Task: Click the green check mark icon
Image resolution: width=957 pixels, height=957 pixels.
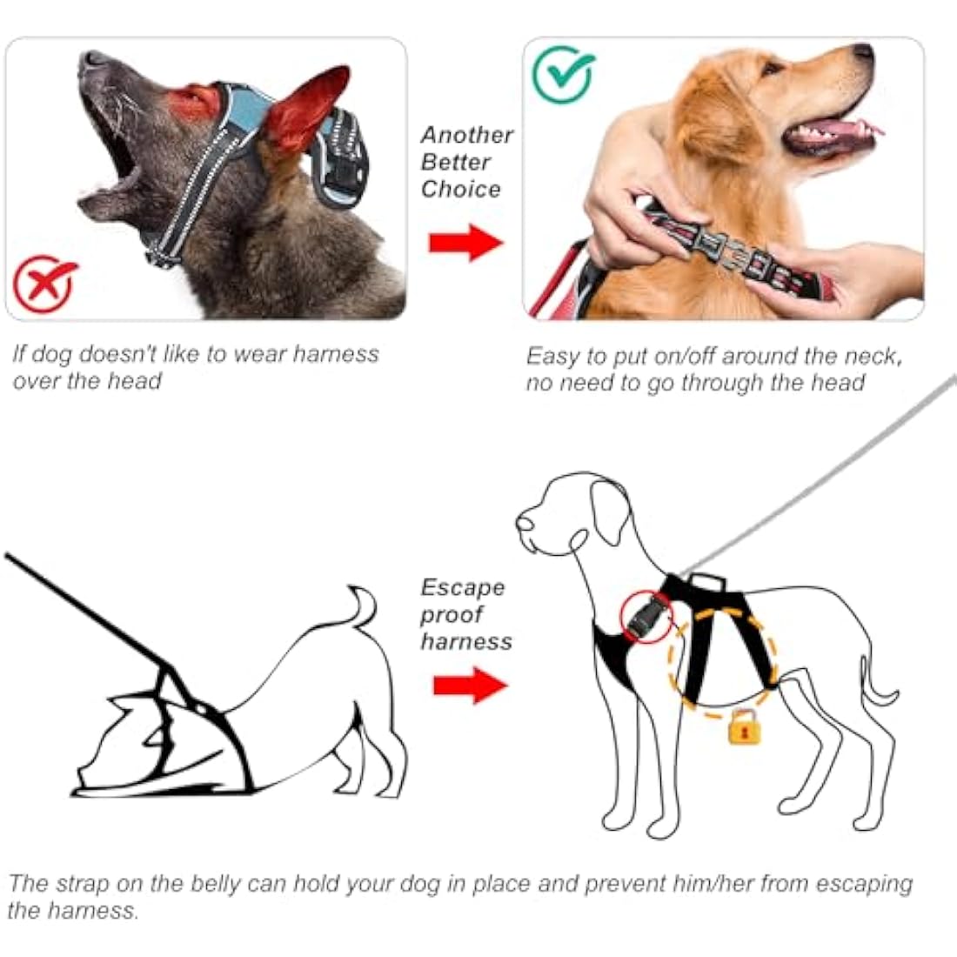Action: (x=564, y=76)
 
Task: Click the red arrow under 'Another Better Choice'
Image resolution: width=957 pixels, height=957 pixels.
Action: (x=466, y=242)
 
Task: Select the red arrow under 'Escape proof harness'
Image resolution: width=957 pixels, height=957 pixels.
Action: (x=470, y=685)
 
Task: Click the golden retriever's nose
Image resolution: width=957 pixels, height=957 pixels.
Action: (x=863, y=54)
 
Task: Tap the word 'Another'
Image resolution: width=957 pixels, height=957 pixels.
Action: (x=467, y=135)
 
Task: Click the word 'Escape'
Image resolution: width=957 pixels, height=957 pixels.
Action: (x=463, y=587)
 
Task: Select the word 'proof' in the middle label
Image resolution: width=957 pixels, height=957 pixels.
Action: (x=452, y=614)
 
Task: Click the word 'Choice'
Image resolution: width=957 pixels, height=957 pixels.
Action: (x=461, y=189)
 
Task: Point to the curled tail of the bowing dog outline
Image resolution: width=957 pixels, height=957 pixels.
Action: (x=364, y=605)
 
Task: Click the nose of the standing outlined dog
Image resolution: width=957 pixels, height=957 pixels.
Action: (x=524, y=524)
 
